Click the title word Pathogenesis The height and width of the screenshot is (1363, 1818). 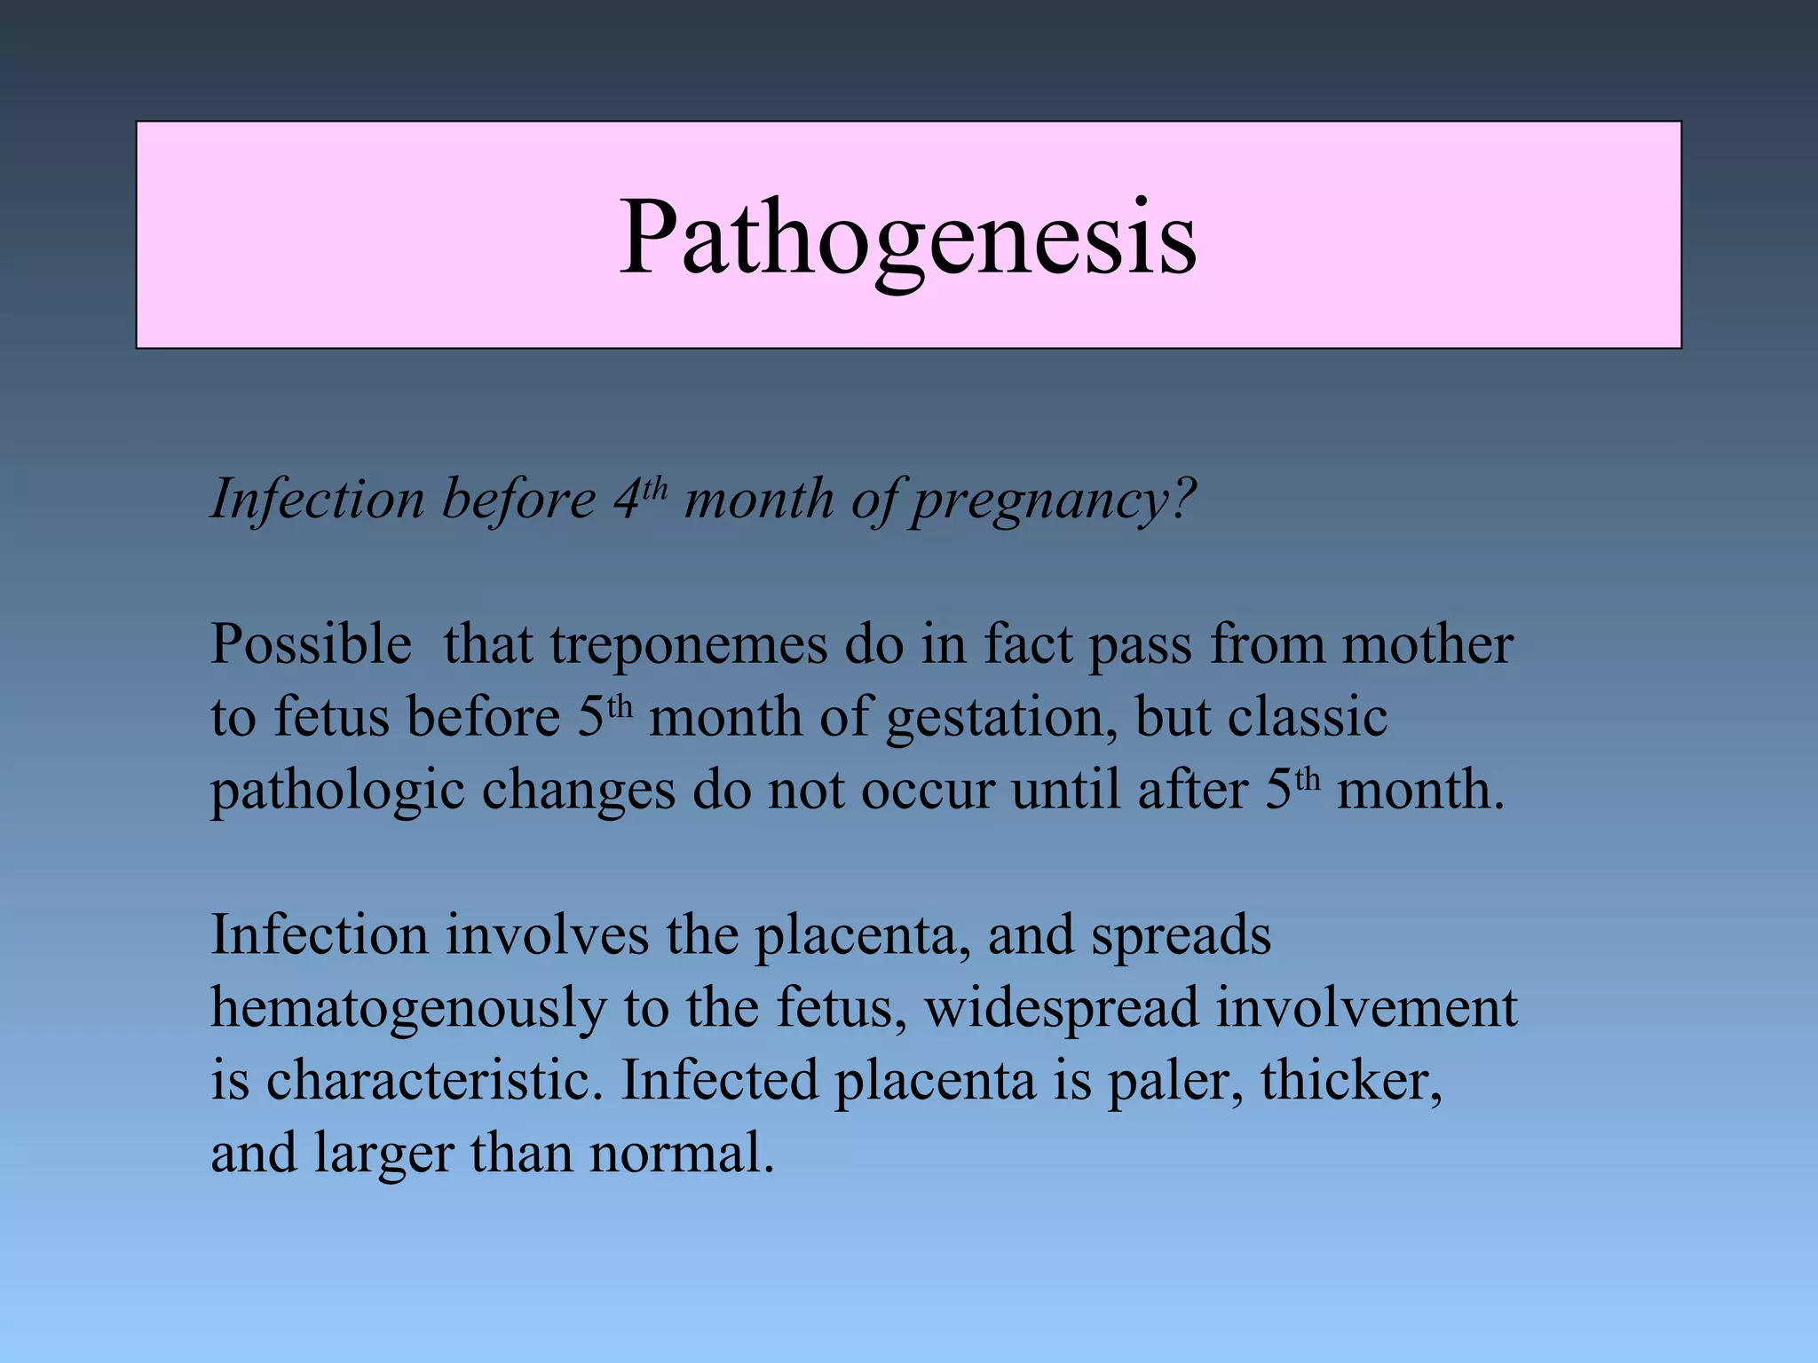(x=907, y=238)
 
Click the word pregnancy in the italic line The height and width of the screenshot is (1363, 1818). (x=1052, y=500)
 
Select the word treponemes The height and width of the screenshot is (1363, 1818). (x=688, y=645)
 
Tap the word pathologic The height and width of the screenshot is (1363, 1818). (x=337, y=791)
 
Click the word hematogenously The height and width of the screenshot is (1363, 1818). (x=408, y=1010)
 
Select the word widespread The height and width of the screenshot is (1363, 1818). (x=1061, y=1009)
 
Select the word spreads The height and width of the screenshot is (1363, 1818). (x=1181, y=937)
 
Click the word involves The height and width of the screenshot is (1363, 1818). (x=547, y=935)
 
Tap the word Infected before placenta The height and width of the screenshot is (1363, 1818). (x=719, y=1081)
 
